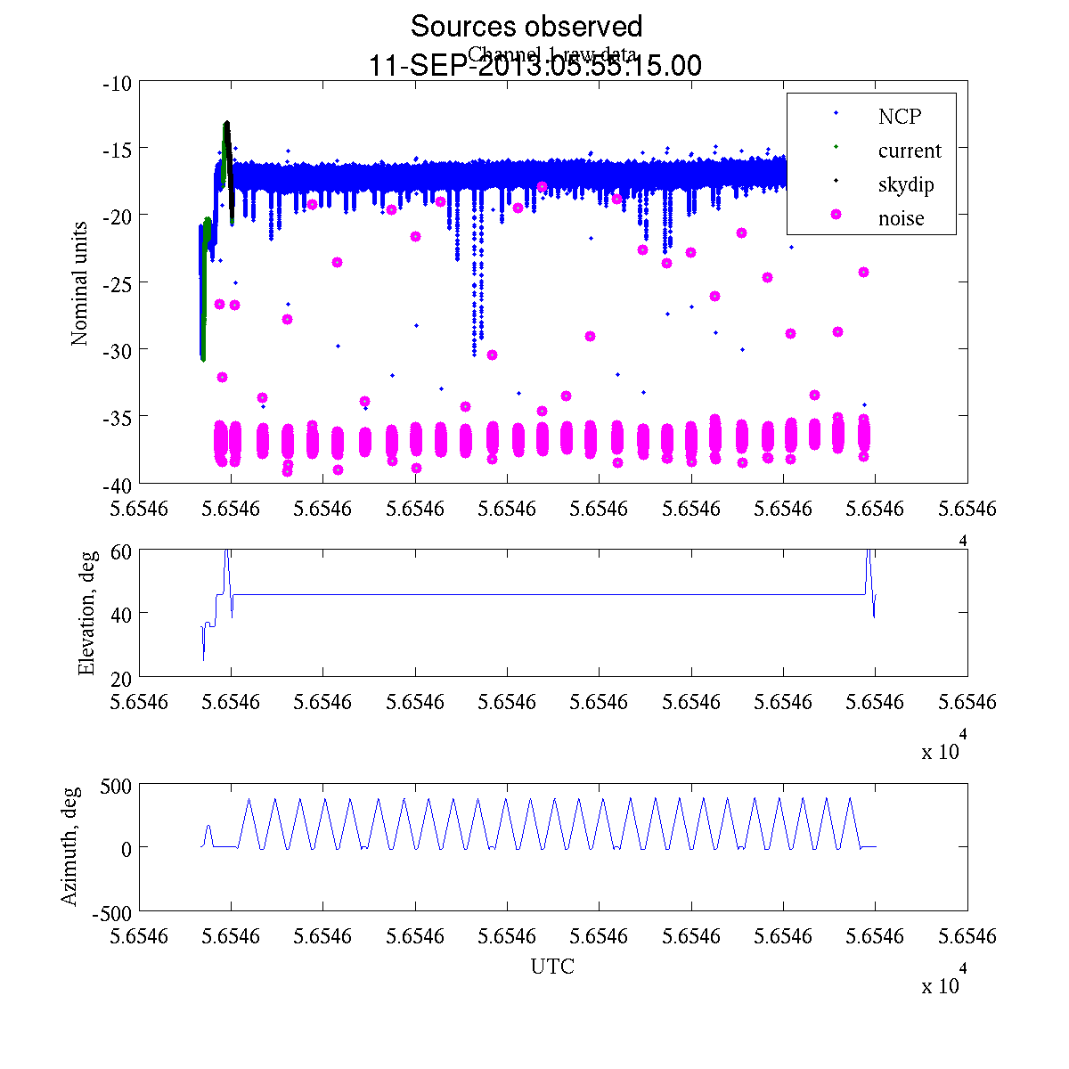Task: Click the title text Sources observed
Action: click(x=526, y=27)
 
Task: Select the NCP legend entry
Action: click(x=899, y=116)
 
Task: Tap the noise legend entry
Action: click(x=901, y=218)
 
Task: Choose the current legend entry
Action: click(x=909, y=151)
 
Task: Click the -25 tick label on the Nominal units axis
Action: click(x=118, y=282)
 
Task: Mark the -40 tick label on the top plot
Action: click(x=118, y=484)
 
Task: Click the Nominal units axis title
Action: click(x=80, y=283)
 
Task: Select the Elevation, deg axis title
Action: click(x=86, y=613)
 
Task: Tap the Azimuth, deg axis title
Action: click(x=69, y=846)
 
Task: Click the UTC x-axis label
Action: click(x=552, y=967)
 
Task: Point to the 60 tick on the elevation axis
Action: click(x=122, y=551)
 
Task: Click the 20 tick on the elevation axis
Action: click(x=122, y=677)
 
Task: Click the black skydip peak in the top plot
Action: click(x=227, y=125)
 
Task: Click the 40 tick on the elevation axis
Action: click(x=122, y=614)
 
